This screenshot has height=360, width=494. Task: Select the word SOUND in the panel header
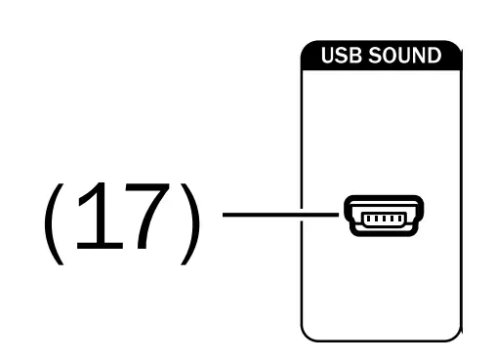coord(409,56)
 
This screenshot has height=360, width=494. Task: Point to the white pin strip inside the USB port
coord(383,217)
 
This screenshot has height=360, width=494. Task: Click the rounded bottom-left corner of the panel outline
coord(307,334)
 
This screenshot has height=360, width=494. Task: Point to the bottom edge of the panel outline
coord(381,340)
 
